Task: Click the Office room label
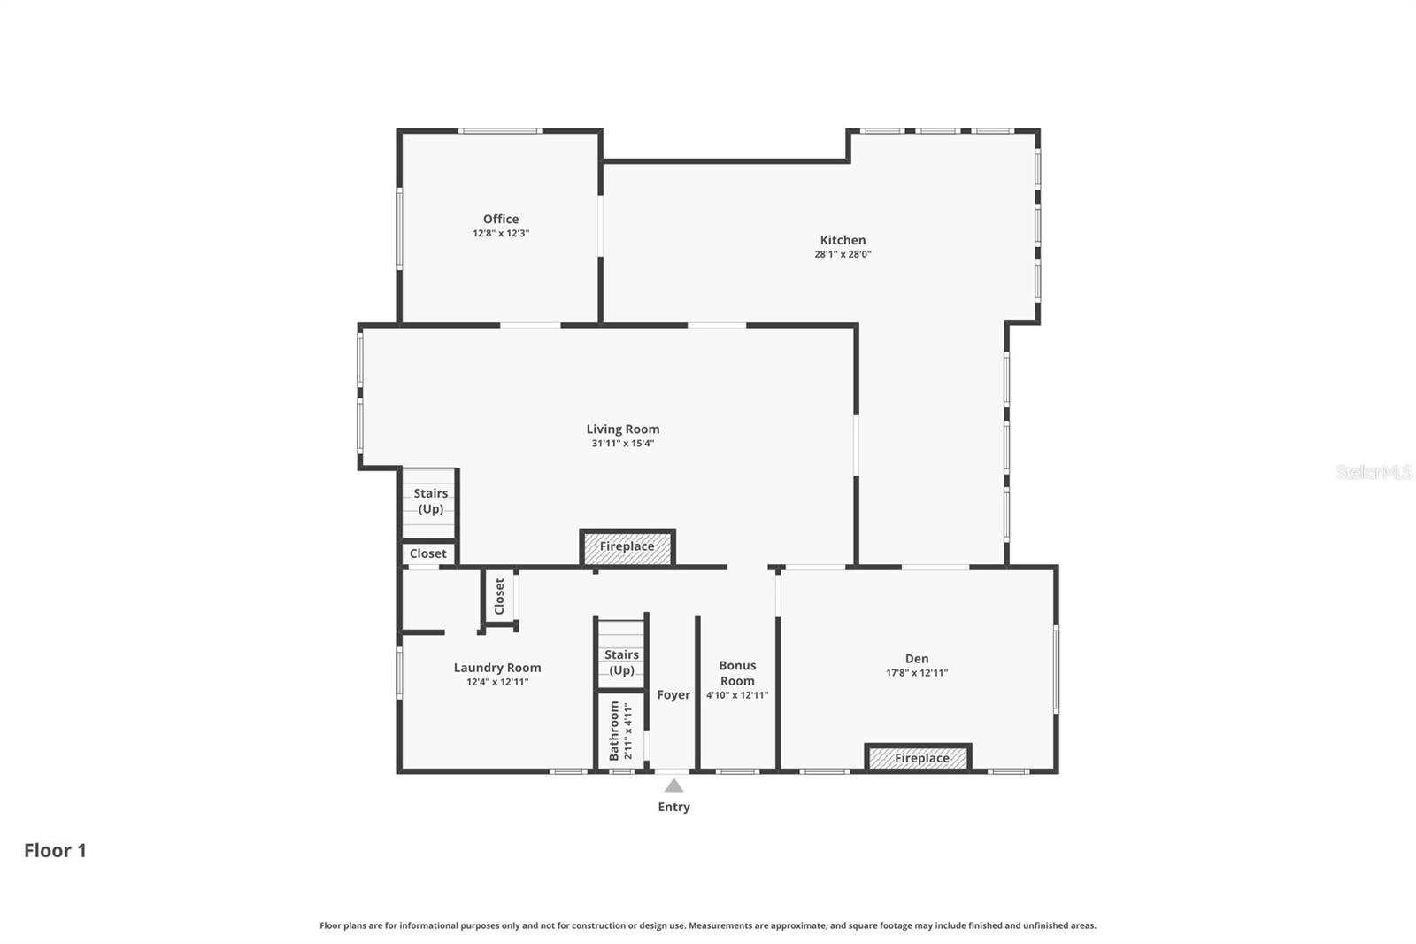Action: point(501,220)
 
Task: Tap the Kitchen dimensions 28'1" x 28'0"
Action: point(843,254)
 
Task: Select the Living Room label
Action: point(623,429)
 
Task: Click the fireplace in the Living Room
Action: point(627,547)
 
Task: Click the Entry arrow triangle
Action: point(673,785)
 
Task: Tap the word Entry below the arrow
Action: point(673,807)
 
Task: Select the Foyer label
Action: point(673,695)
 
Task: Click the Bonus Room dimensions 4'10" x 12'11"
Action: point(737,696)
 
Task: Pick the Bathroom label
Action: point(614,731)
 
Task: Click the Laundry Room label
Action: point(497,668)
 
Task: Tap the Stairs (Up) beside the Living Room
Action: point(430,501)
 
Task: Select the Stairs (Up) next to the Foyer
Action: point(621,662)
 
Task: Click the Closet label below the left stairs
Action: point(428,553)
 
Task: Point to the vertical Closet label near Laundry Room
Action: point(499,597)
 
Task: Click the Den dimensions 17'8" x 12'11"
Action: point(917,673)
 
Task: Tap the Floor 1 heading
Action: point(55,851)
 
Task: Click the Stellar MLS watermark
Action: point(1374,472)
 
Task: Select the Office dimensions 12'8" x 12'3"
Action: point(501,234)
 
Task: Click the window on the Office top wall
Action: point(500,131)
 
